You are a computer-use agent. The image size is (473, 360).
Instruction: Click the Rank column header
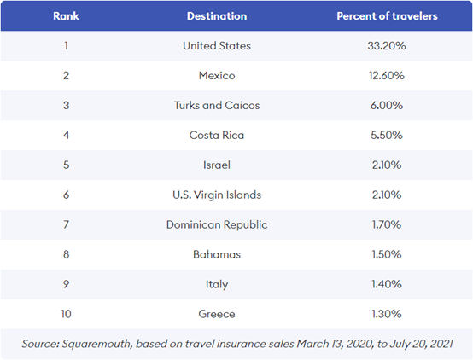click(x=66, y=16)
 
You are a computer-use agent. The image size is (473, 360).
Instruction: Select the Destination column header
click(x=217, y=16)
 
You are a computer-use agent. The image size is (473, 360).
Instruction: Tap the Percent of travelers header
click(x=387, y=16)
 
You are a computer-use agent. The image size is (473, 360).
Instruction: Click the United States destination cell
click(x=217, y=46)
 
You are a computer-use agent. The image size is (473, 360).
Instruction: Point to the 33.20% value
click(x=387, y=46)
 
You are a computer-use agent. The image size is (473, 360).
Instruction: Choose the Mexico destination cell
click(x=217, y=75)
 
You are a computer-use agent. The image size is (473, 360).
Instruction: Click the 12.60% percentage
click(x=387, y=75)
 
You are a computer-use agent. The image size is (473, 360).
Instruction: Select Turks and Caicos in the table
click(x=217, y=105)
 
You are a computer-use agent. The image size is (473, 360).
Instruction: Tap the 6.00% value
click(x=387, y=105)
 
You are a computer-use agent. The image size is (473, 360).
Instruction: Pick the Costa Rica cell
click(x=217, y=135)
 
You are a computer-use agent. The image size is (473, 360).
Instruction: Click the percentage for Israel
click(x=387, y=165)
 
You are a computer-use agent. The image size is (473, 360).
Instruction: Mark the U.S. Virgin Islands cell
click(x=217, y=195)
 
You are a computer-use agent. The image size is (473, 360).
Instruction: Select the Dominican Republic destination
click(x=217, y=224)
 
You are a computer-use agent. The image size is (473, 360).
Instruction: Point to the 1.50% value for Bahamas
click(x=387, y=254)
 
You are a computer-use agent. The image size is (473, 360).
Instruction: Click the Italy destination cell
click(x=217, y=284)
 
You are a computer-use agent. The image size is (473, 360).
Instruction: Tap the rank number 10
click(x=66, y=314)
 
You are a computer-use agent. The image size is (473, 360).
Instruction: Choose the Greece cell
click(x=217, y=314)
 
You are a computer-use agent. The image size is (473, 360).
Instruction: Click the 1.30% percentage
click(x=387, y=314)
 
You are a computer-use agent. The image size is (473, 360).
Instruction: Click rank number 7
click(x=66, y=224)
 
